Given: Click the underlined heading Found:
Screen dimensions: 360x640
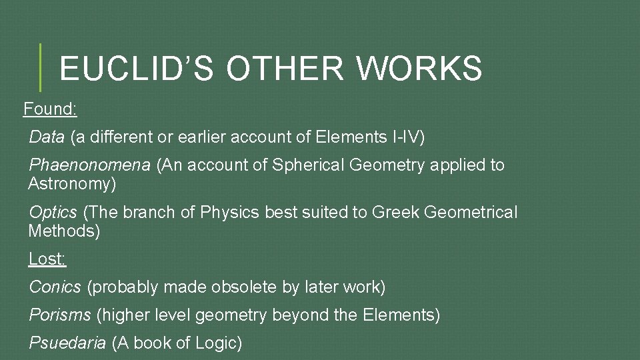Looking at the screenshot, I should pos(50,109).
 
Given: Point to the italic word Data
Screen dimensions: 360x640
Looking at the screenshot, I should pos(47,137).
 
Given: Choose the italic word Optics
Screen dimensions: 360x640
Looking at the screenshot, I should pos(53,213).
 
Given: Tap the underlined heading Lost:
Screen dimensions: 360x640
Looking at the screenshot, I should pos(47,259).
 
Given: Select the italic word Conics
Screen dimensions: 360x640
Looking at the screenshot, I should pos(55,287).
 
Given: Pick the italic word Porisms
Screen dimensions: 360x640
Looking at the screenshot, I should pos(60,315).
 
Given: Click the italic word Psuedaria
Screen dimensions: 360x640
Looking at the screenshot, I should pos(67,343).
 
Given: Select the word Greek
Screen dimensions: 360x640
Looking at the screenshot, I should pos(396,213).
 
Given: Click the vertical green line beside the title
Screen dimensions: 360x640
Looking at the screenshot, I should pos(40,67).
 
